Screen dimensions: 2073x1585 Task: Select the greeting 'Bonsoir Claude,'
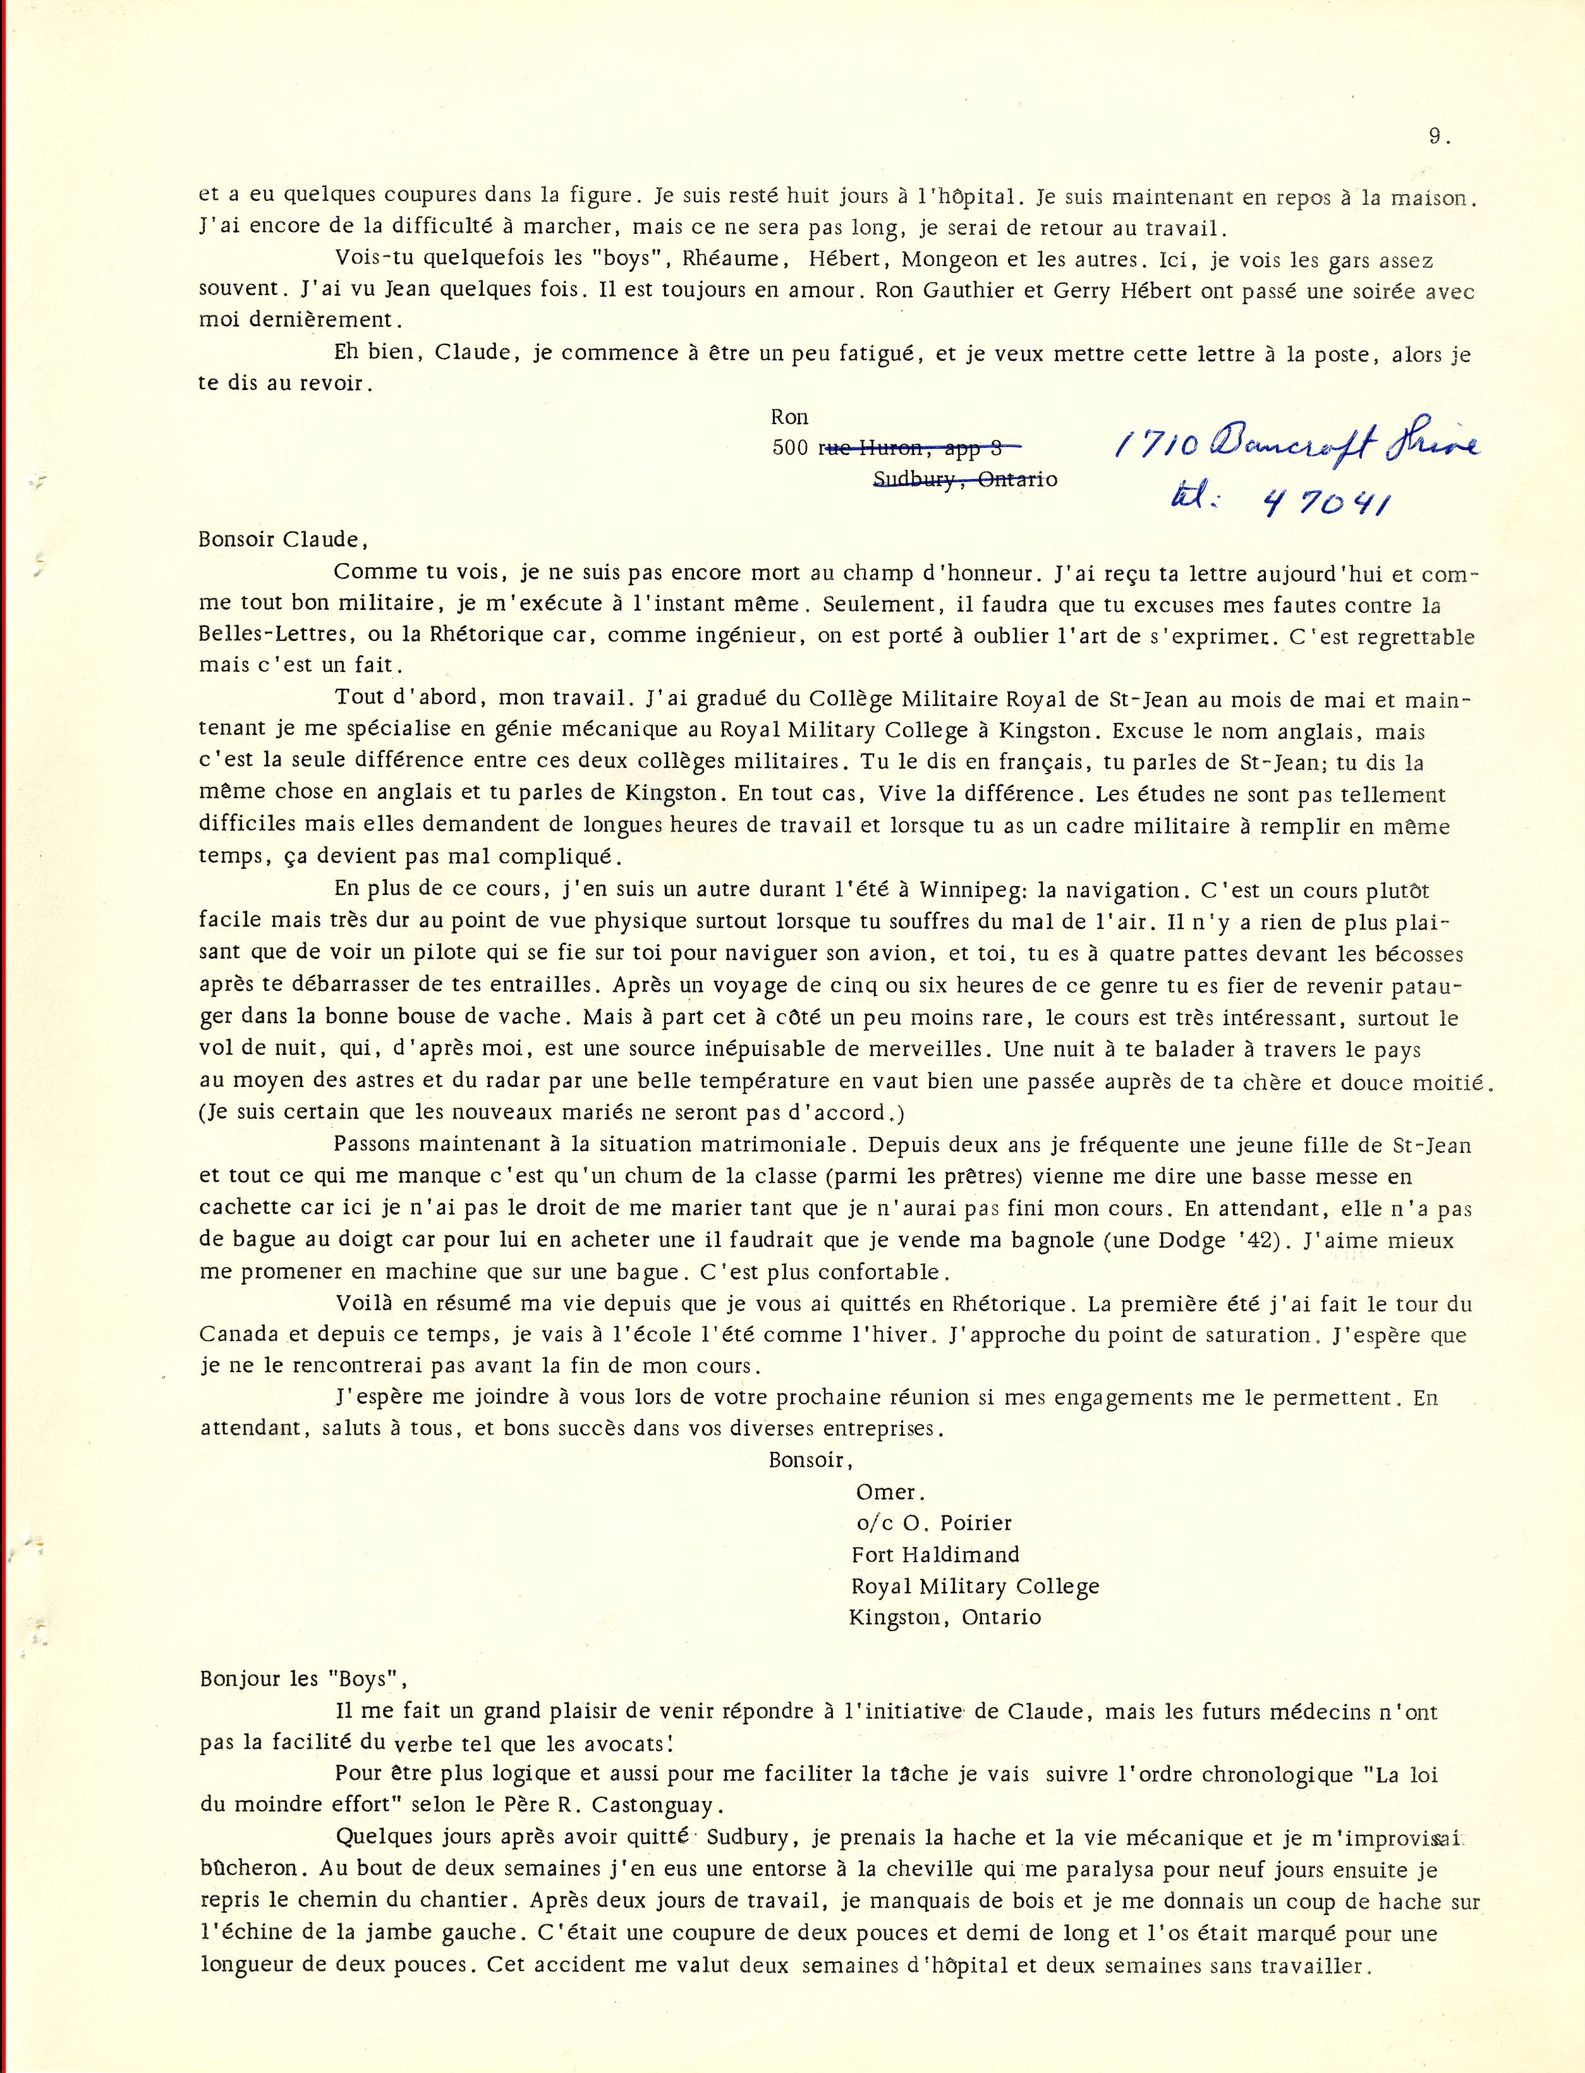coord(279,540)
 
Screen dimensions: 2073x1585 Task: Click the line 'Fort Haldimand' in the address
coord(935,1554)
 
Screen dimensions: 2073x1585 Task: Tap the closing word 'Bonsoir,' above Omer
coord(810,1461)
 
